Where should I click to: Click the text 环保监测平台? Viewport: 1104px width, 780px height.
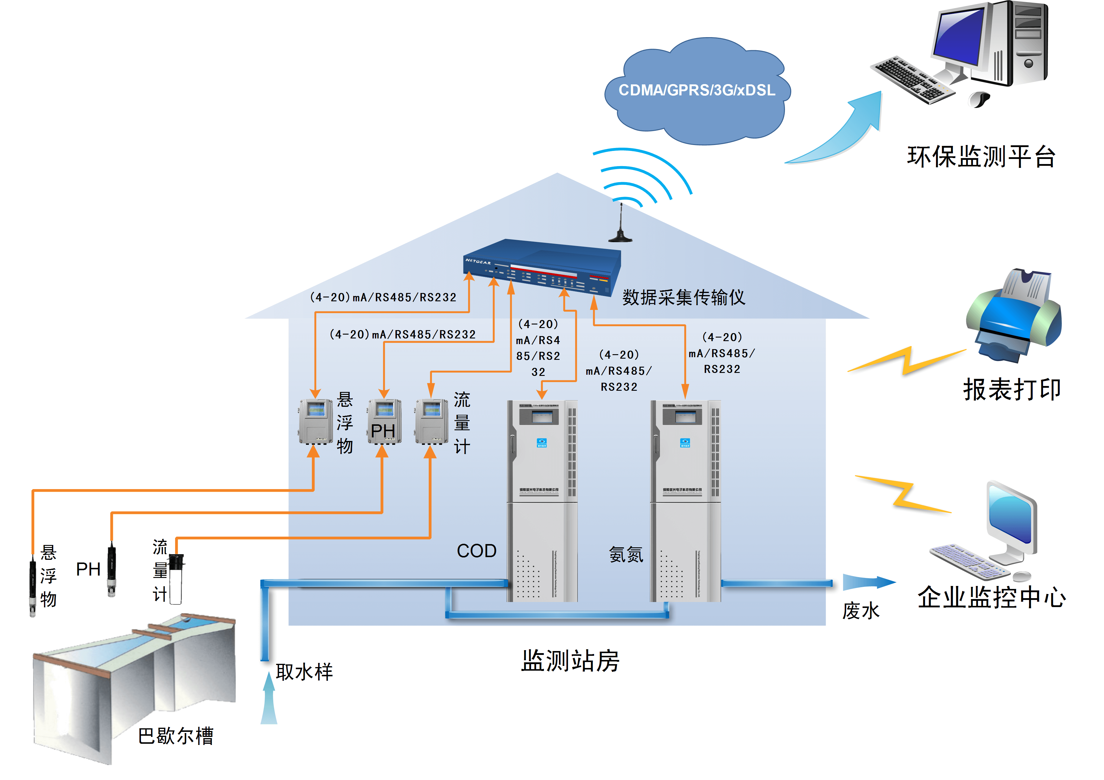click(981, 157)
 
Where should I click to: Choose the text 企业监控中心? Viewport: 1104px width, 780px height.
click(992, 597)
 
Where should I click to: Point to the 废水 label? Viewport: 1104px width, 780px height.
click(860, 611)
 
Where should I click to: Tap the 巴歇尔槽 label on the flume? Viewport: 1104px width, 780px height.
click(175, 736)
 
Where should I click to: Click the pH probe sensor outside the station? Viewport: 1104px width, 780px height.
click(112, 570)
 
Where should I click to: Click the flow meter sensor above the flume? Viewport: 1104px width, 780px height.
click(176, 579)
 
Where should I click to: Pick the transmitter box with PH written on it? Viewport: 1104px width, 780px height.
click(384, 421)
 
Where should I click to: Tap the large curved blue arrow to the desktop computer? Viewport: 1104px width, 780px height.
click(846, 130)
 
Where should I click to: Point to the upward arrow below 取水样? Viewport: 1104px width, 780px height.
click(269, 699)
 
